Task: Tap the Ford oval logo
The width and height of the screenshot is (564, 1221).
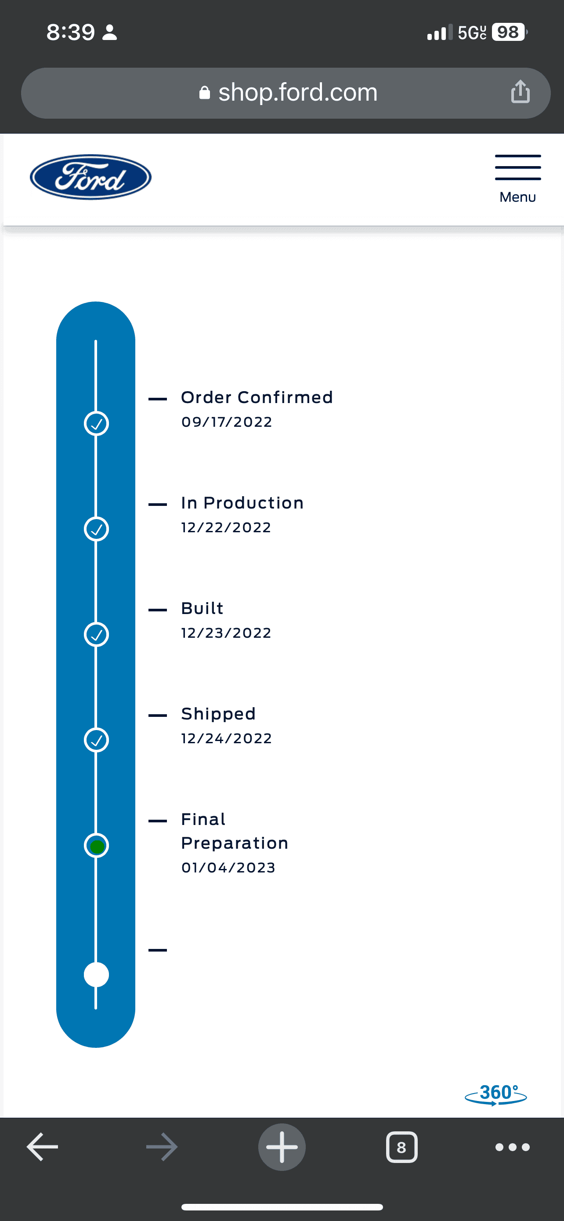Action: click(90, 177)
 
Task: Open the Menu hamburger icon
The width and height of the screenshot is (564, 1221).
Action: click(517, 167)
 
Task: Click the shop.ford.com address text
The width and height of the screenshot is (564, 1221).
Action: click(298, 92)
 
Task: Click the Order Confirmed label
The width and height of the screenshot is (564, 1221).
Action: click(257, 397)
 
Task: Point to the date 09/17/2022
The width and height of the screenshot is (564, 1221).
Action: click(227, 422)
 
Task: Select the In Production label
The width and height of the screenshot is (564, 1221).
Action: click(242, 503)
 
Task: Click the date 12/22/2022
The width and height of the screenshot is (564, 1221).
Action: click(226, 527)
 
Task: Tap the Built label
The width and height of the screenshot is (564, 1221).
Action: click(202, 608)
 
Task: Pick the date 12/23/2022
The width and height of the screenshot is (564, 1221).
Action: click(226, 633)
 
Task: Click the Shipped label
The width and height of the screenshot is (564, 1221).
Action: click(218, 714)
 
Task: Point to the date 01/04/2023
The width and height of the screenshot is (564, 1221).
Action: click(228, 868)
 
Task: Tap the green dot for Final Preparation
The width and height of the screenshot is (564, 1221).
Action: click(97, 847)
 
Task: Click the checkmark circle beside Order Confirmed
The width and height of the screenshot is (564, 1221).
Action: click(96, 423)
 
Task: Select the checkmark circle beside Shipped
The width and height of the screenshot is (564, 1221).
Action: click(96, 740)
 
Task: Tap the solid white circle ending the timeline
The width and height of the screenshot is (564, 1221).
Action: click(96, 974)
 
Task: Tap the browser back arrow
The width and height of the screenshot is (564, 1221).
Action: click(42, 1147)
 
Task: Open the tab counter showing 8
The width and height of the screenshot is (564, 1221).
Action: click(401, 1147)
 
